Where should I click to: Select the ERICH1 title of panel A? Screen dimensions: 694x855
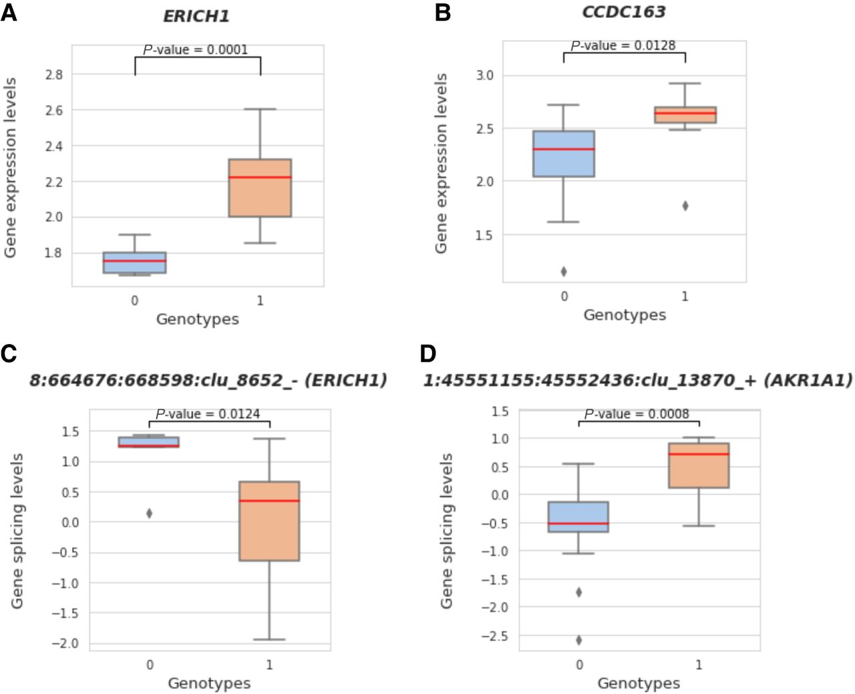click(x=196, y=16)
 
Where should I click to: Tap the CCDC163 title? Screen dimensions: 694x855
click(x=624, y=12)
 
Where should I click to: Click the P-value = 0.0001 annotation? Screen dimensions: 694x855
click(x=196, y=49)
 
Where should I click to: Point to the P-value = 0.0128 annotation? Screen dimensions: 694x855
click(x=623, y=45)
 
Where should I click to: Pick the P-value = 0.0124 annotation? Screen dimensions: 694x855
click(x=208, y=414)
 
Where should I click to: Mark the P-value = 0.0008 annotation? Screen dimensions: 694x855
click(x=637, y=414)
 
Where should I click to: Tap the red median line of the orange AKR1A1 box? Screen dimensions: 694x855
click(x=699, y=454)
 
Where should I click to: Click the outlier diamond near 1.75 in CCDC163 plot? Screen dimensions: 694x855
click(x=685, y=206)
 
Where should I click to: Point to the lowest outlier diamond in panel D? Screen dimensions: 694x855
click(x=579, y=640)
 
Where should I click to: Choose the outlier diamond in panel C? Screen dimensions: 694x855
click(x=150, y=513)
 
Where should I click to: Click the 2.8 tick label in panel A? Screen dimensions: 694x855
click(x=54, y=75)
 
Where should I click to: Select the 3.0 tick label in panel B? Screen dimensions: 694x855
click(x=485, y=75)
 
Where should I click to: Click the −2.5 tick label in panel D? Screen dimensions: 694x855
click(x=494, y=636)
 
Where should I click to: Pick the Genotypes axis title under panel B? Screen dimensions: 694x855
click(x=625, y=315)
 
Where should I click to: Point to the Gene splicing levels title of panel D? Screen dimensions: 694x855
click(x=447, y=531)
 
